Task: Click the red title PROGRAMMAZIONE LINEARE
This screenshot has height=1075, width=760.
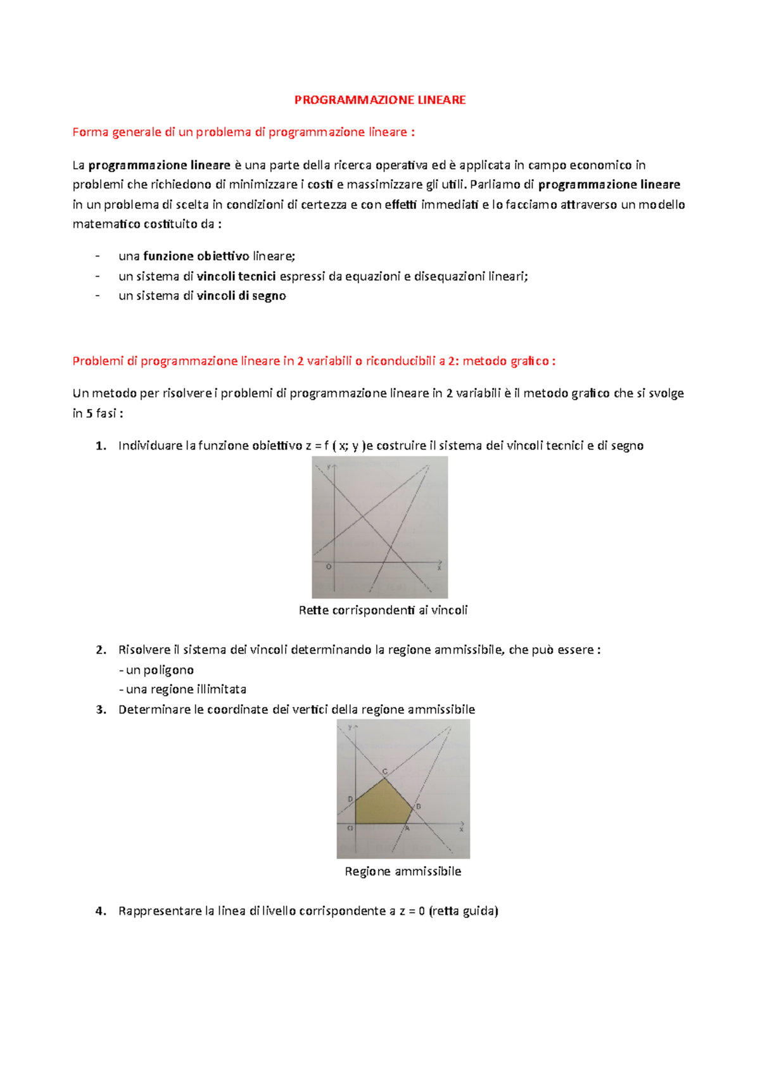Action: click(380, 100)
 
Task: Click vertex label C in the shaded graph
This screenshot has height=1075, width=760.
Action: click(384, 771)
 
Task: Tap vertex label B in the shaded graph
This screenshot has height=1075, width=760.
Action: click(418, 807)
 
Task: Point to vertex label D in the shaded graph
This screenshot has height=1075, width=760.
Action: click(350, 800)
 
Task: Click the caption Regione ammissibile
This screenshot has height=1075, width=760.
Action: click(403, 871)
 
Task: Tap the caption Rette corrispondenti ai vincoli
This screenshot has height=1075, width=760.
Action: click(383, 610)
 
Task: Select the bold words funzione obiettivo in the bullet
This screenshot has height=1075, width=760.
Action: click(196, 256)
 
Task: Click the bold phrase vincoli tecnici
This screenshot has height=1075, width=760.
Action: click(236, 276)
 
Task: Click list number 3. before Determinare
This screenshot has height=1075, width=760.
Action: click(101, 710)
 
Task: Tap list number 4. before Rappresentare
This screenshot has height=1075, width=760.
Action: click(101, 911)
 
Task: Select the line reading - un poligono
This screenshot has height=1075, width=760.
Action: click(156, 670)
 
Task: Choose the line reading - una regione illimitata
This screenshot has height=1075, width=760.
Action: click(182, 689)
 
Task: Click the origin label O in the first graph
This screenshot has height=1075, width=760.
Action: click(329, 567)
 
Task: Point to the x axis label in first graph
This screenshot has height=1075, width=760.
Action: click(438, 568)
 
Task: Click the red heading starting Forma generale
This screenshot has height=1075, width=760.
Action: click(244, 132)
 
